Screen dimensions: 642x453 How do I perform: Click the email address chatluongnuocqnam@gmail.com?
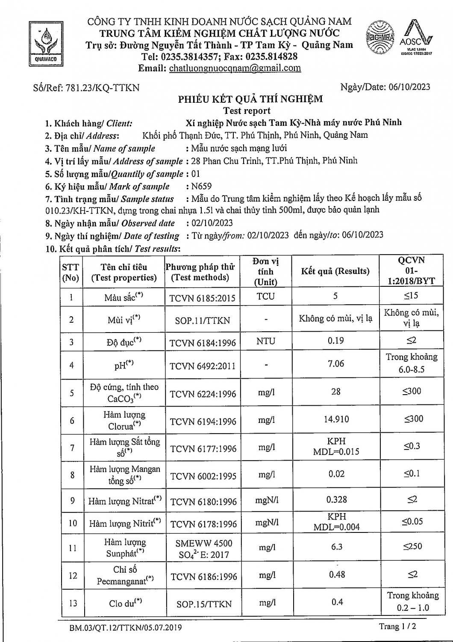[x=235, y=68]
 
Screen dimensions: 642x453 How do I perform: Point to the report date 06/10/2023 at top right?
[x=410, y=87]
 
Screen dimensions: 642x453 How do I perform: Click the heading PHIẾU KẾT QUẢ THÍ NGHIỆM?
[x=250, y=99]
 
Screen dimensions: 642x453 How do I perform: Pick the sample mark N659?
[x=201, y=186]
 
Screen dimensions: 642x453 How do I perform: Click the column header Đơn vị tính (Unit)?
[x=265, y=271]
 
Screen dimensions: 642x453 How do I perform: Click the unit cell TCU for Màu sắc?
[x=265, y=296]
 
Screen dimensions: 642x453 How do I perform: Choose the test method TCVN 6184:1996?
[x=203, y=342]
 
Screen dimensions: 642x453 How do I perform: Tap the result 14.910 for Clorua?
[x=336, y=419]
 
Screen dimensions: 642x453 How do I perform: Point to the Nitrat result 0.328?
[x=336, y=499]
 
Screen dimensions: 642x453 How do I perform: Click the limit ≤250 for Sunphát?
[x=412, y=546]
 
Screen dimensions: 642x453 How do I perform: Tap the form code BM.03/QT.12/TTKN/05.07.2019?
[x=126, y=628]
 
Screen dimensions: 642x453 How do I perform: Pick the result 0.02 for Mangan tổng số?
[x=336, y=474]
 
